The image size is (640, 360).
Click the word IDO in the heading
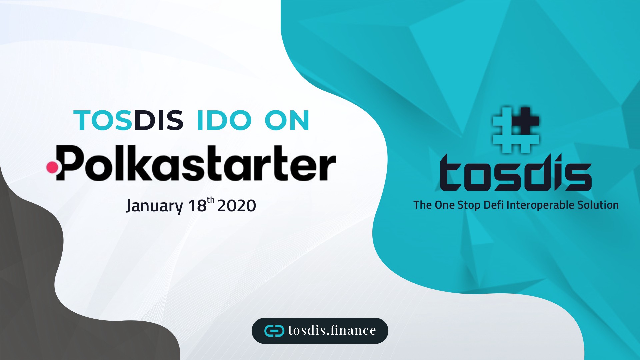tap(224, 120)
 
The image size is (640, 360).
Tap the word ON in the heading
tap(287, 120)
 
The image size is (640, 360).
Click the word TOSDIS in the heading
tap(128, 120)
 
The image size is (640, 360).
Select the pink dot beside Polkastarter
tap(52, 167)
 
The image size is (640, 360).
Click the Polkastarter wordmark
tap(196, 163)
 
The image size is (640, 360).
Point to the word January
tap(155, 206)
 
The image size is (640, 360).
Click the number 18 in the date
tap(197, 206)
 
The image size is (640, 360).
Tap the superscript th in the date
tap(211, 200)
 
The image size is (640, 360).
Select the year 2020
tap(237, 206)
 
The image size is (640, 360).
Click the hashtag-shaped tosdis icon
tap(516, 130)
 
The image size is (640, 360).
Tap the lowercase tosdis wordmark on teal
tap(515, 173)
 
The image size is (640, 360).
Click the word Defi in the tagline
tap(493, 205)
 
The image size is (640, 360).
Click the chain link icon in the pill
tap(274, 331)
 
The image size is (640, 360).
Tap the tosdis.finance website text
tap(332, 330)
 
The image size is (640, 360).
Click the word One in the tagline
tap(445, 205)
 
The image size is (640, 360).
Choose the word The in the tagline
tap(423, 205)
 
